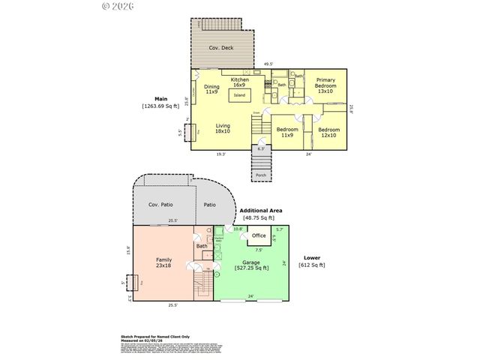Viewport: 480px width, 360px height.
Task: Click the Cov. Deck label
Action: [222, 48]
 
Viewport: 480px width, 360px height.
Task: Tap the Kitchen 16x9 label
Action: [239, 82]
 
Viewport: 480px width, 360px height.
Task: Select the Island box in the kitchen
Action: [239, 95]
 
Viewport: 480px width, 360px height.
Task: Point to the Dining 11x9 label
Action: [211, 89]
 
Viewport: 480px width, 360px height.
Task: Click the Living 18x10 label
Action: [223, 128]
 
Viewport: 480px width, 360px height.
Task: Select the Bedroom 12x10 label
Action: [328, 133]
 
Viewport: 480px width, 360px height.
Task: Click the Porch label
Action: [261, 176]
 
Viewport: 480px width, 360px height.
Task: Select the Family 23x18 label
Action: [163, 262]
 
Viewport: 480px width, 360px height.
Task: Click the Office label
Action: [258, 236]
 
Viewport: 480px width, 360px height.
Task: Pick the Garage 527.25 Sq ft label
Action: [251, 265]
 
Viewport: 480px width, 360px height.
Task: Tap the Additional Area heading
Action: [262, 211]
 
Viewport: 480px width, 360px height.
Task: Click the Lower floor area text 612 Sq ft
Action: [313, 265]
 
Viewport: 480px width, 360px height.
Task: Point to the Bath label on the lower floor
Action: [202, 246]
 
